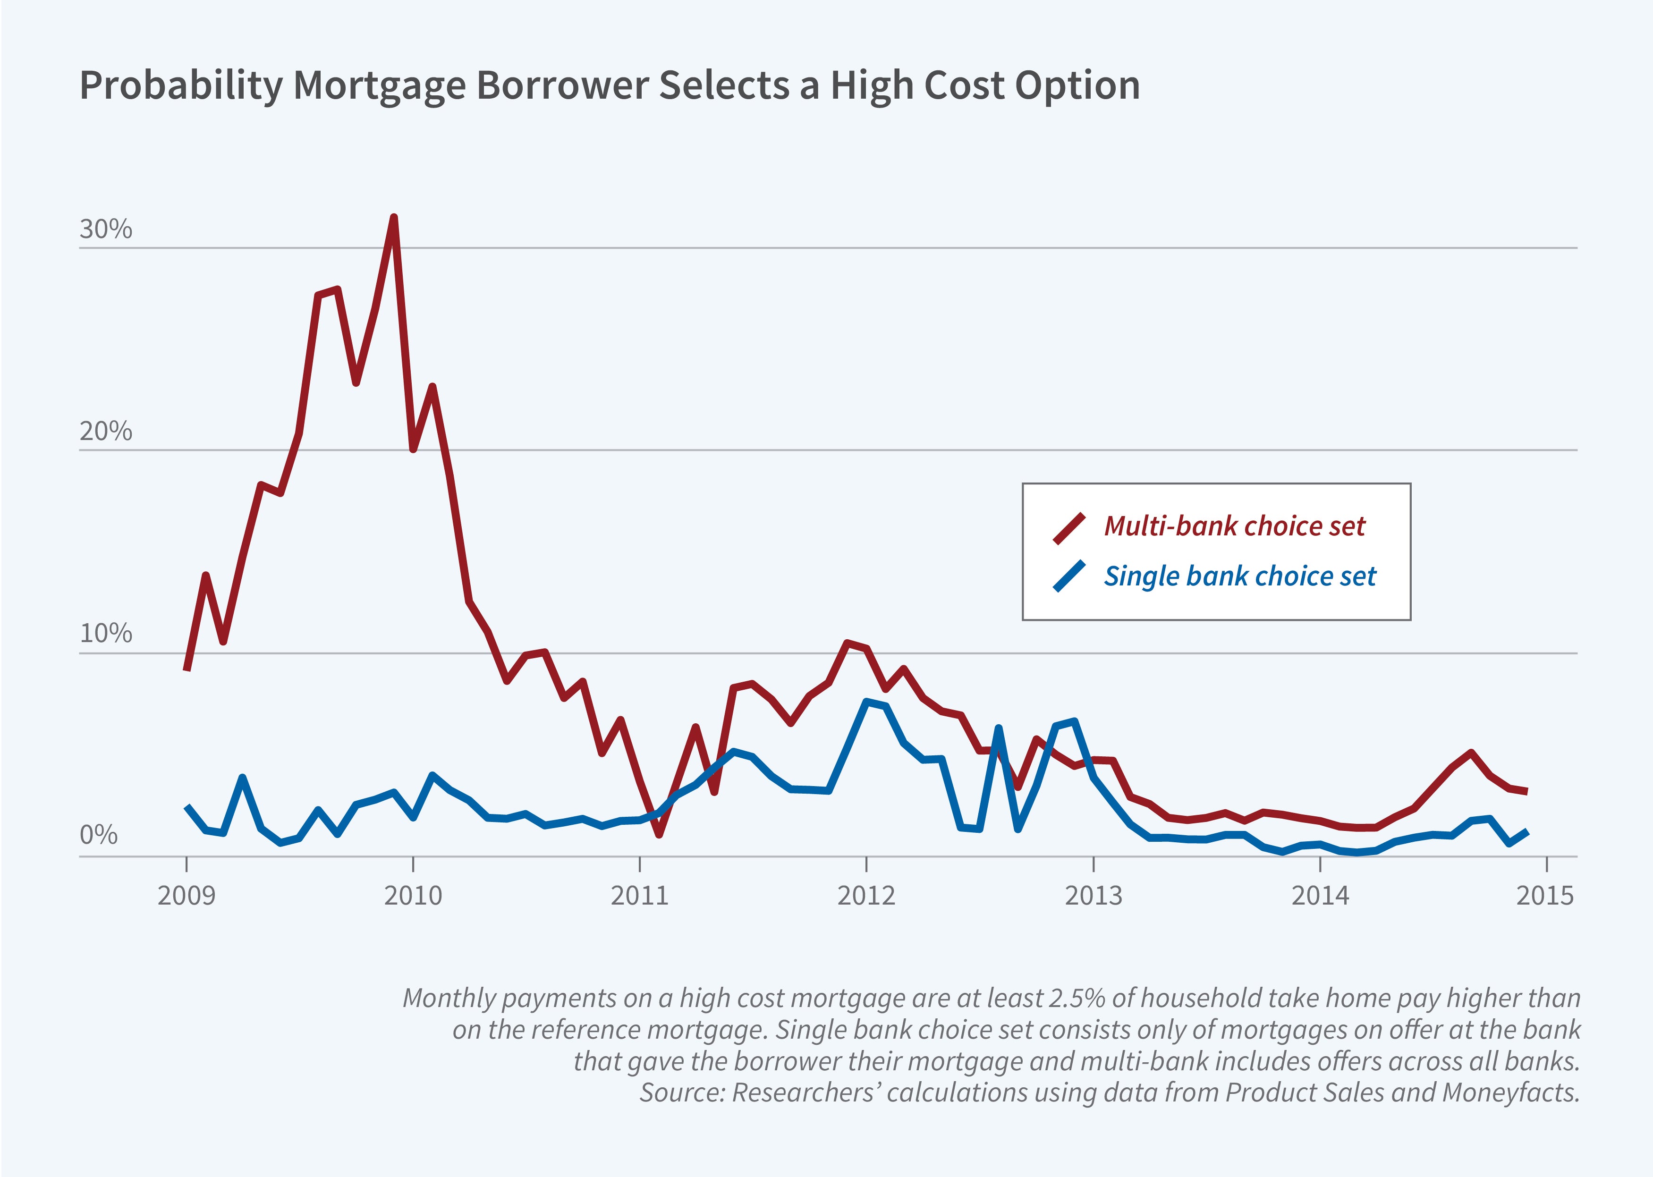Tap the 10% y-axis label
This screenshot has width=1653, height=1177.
pos(106,634)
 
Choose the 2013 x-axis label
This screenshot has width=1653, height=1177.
pos(1093,896)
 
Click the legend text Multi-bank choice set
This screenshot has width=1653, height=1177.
pos(1234,526)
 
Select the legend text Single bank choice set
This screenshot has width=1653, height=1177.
pos(1239,576)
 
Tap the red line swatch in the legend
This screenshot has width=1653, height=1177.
pos(1069,528)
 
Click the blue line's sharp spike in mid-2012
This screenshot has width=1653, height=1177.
pos(999,728)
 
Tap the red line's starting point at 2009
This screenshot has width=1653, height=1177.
pos(187,668)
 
